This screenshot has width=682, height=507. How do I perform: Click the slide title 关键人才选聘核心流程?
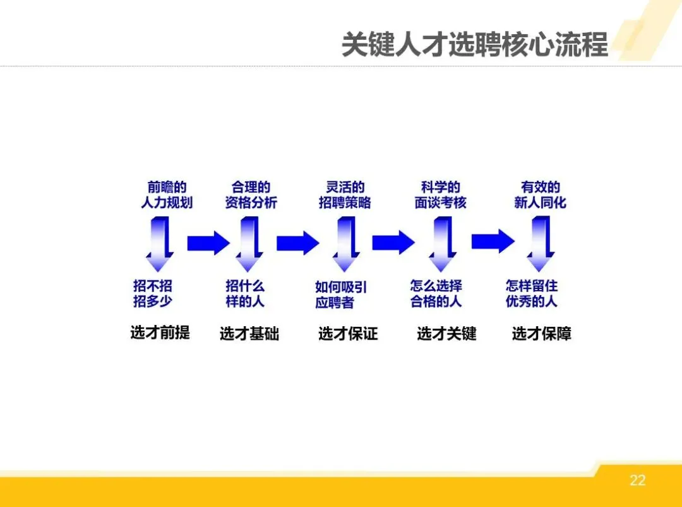click(474, 45)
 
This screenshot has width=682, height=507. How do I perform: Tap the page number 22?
click(638, 480)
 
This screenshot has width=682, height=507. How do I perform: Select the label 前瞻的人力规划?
click(167, 195)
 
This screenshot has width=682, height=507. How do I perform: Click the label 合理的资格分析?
click(251, 195)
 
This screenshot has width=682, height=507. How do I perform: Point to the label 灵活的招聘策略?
click(345, 195)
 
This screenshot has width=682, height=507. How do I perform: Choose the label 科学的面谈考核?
click(440, 195)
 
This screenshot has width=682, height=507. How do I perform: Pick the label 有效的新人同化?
click(540, 195)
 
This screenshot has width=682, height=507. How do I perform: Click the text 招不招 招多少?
click(153, 293)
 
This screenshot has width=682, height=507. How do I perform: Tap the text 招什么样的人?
click(246, 293)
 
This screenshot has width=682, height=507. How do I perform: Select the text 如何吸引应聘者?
click(341, 295)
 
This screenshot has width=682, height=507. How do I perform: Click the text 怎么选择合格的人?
click(436, 293)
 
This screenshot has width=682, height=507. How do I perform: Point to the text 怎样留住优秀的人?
click(532, 293)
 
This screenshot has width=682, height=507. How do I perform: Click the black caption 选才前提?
click(160, 333)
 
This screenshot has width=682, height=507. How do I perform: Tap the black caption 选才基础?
click(249, 334)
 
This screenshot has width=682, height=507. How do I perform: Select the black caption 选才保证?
click(348, 334)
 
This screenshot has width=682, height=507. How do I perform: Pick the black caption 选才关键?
click(446, 334)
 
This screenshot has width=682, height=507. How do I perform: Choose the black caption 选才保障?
click(542, 334)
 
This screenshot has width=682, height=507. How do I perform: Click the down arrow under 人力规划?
click(160, 244)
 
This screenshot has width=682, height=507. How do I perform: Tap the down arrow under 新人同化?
click(541, 244)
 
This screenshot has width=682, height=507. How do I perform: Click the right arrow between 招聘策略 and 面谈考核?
click(393, 242)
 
